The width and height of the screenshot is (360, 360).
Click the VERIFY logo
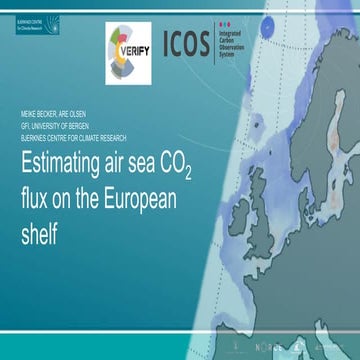pos(128,48)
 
